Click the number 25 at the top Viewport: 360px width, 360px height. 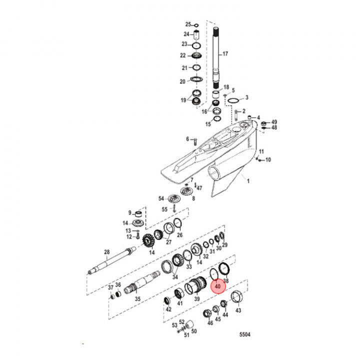click(188, 24)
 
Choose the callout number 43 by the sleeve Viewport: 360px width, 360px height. click(238, 310)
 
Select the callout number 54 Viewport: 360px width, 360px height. click(161, 198)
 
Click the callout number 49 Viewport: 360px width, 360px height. click(274, 122)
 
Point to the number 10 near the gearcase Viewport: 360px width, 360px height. click(267, 160)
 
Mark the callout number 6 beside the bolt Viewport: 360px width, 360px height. click(188, 138)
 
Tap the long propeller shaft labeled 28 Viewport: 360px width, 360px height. click(112, 262)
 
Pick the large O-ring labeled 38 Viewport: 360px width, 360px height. click(224, 270)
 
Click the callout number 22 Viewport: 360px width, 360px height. click(183, 55)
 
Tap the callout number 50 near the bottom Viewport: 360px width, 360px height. click(193, 331)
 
